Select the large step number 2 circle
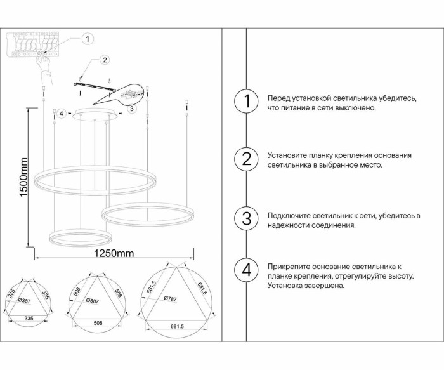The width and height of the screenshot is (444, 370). coord(247,159)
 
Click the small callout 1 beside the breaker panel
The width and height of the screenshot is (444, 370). coord(88,39)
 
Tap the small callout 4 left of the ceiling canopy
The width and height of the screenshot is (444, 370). coord(61,114)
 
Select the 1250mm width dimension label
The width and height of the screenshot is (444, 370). coord(114,254)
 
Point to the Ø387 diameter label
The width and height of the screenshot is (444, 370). coord(25,300)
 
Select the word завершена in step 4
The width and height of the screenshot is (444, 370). coord(326,286)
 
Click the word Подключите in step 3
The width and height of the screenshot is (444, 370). coord(287,216)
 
